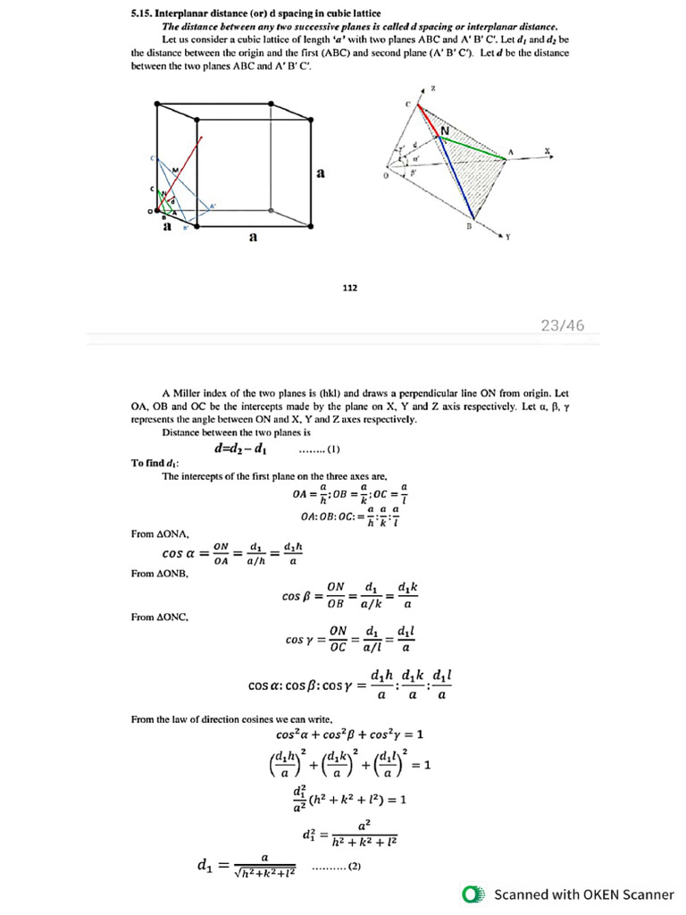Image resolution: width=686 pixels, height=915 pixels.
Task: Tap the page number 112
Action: pyautogui.click(x=349, y=288)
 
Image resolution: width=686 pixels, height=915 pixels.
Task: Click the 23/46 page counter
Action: pyautogui.click(x=563, y=325)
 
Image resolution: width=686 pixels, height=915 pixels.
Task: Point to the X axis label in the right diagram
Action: pyautogui.click(x=546, y=150)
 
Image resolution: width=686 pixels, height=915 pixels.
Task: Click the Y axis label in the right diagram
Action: pyautogui.click(x=507, y=237)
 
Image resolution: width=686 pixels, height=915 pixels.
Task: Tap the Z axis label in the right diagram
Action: pyautogui.click(x=433, y=89)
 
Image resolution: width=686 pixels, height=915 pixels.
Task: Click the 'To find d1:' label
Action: pyautogui.click(x=149, y=462)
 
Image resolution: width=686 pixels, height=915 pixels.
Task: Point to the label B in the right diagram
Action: pyautogui.click(x=467, y=226)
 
